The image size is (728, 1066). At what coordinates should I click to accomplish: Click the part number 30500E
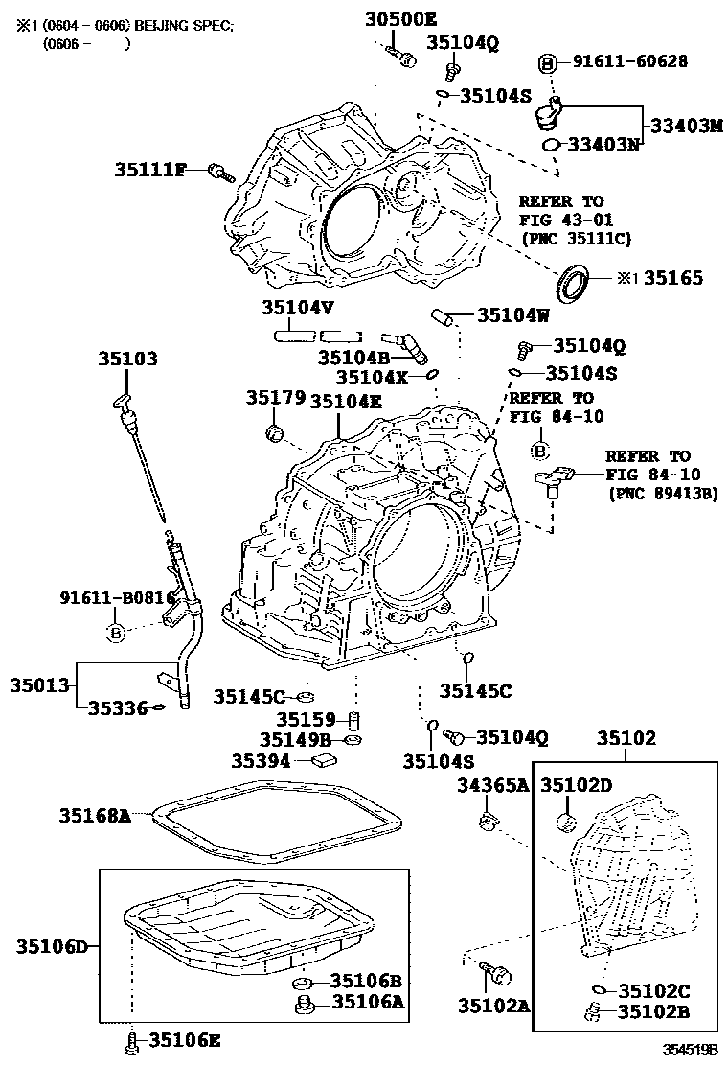click(x=400, y=18)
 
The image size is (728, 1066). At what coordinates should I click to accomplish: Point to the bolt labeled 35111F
click(x=220, y=173)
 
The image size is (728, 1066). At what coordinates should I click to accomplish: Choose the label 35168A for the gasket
click(x=94, y=816)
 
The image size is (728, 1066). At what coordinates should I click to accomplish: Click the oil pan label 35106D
click(x=52, y=947)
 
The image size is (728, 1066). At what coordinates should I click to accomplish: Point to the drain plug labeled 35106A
click(x=306, y=1004)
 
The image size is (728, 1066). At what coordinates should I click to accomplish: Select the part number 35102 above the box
click(x=627, y=738)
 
